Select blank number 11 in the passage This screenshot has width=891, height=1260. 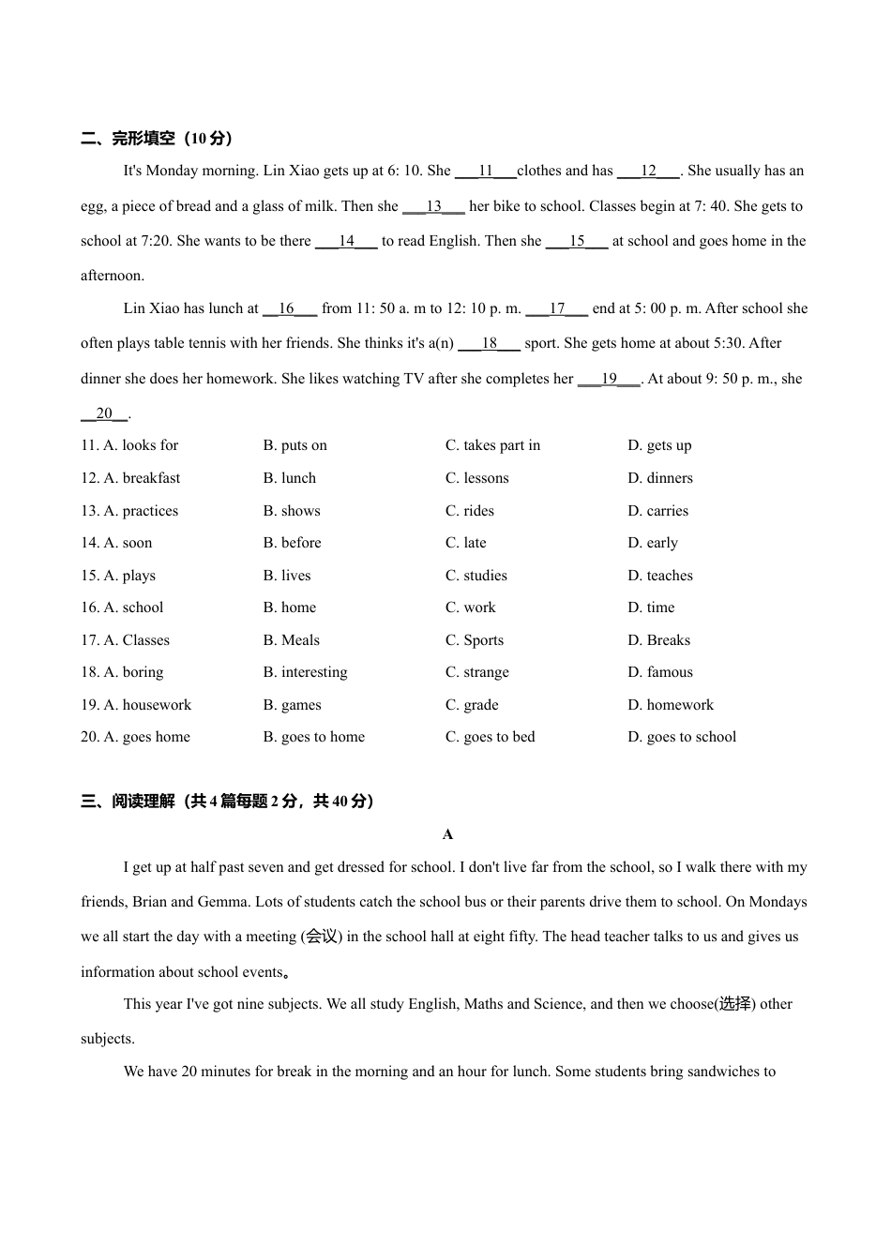(x=485, y=171)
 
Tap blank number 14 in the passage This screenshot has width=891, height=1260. (x=346, y=241)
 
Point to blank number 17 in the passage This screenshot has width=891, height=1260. (x=557, y=308)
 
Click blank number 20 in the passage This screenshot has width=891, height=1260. (x=103, y=413)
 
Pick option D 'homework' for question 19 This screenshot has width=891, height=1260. (x=671, y=705)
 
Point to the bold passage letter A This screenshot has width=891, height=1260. (x=447, y=834)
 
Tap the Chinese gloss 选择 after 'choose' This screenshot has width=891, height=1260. (x=735, y=1004)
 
